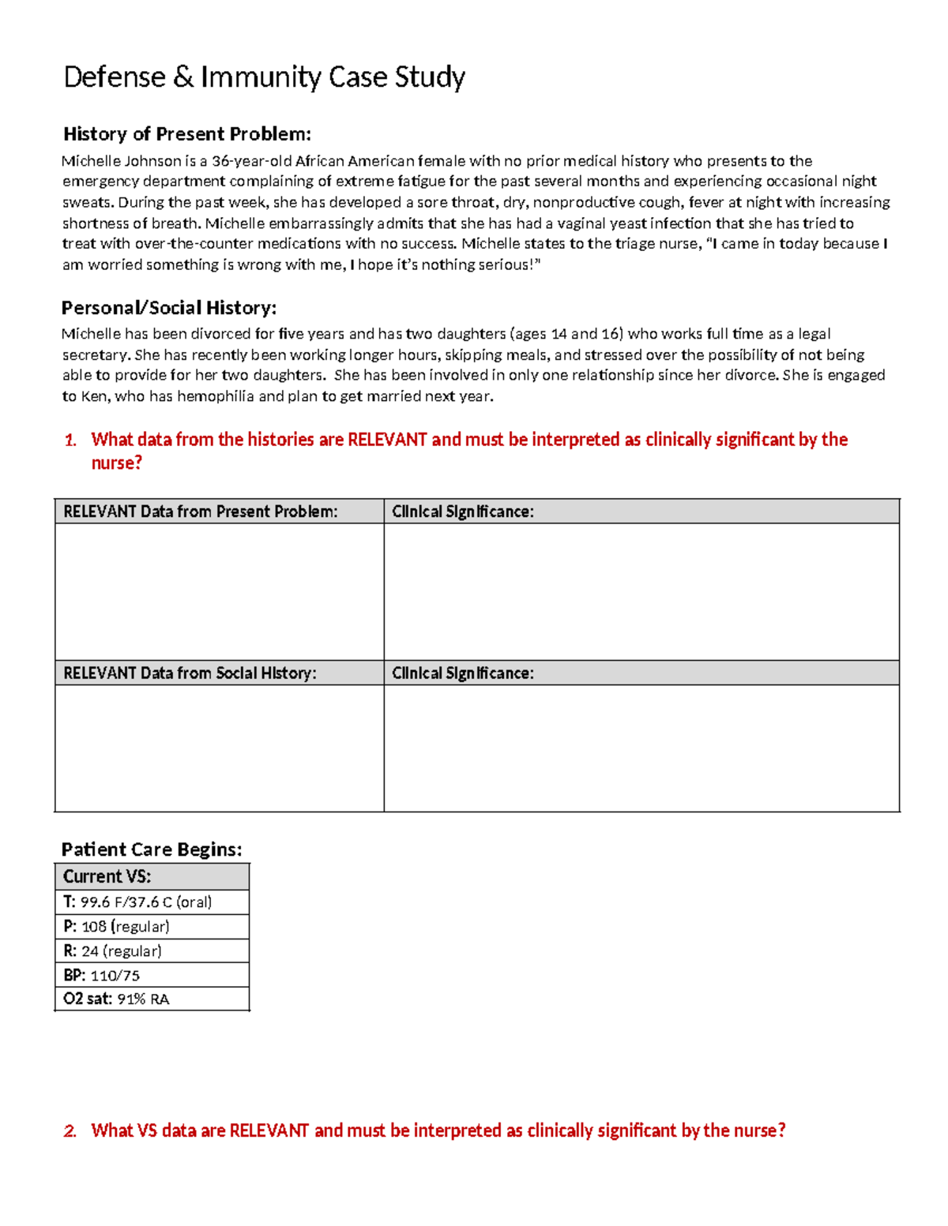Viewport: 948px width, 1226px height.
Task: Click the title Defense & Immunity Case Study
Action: coord(264,77)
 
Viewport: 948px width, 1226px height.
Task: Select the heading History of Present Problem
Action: coord(186,133)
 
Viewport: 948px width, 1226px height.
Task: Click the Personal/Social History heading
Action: coord(168,307)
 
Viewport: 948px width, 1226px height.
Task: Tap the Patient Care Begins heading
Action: coord(151,849)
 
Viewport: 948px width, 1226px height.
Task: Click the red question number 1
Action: coord(70,441)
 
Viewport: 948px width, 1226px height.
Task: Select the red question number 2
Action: coord(70,1131)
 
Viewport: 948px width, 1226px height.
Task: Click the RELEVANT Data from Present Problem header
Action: coord(200,512)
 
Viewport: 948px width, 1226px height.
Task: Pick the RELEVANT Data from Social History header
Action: coord(190,673)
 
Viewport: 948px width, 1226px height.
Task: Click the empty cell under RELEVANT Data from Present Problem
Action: coord(219,591)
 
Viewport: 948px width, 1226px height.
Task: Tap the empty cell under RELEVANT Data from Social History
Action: coord(219,748)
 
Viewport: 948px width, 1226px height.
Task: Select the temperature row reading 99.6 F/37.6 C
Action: coord(137,902)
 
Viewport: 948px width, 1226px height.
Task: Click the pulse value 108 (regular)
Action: coord(125,926)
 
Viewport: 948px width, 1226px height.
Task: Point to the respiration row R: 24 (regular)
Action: coord(112,950)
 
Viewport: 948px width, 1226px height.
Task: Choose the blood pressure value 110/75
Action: coord(115,975)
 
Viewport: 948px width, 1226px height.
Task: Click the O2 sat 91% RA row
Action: coord(116,999)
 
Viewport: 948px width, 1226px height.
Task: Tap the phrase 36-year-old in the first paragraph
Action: coord(251,161)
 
